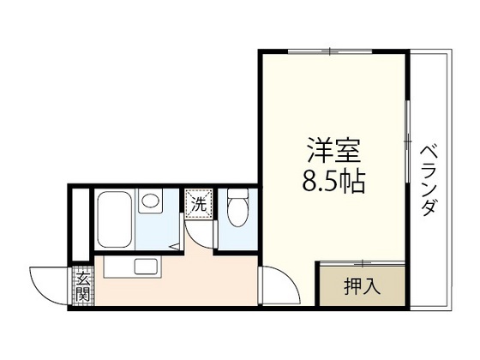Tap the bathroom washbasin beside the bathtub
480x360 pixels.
click(x=153, y=204)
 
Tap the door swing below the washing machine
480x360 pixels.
click(x=199, y=231)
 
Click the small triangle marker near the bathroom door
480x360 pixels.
click(x=175, y=246)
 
